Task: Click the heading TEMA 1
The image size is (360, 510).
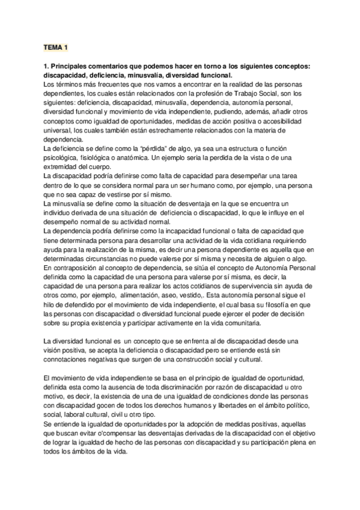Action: coord(56,46)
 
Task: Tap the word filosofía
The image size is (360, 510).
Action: coord(259,303)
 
